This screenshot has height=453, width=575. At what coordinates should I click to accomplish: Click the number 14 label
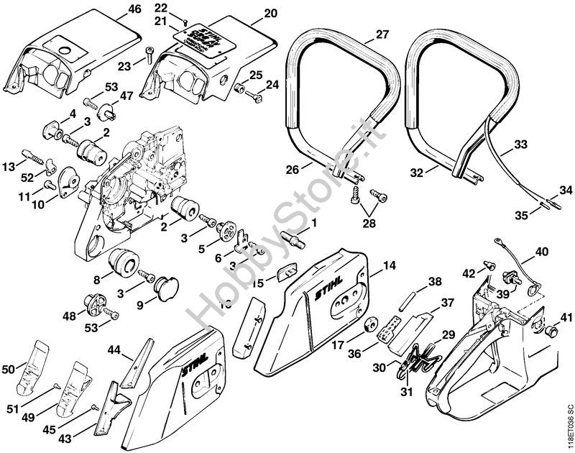[388, 265]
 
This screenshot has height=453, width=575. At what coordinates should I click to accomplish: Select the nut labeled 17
[372, 324]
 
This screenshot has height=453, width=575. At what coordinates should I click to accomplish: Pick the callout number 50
[9, 369]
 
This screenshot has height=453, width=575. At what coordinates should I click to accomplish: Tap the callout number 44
[114, 350]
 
